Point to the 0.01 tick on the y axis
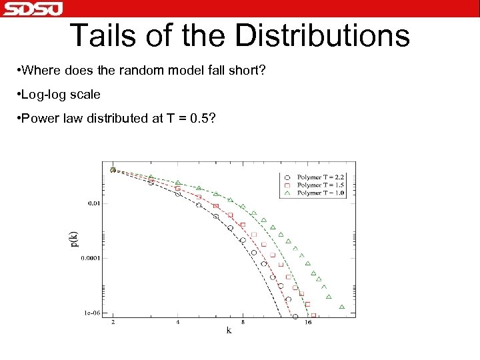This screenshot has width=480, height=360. tap(94, 203)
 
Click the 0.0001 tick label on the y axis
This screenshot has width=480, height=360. tap(91, 258)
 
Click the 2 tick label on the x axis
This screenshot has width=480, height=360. tap(113, 323)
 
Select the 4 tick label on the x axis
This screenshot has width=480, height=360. tap(178, 323)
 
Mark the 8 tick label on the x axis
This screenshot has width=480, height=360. tap(243, 323)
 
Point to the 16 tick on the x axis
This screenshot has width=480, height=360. tap(308, 323)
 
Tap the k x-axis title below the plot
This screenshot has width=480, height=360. tap(229, 331)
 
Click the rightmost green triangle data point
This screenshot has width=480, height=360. tap(342, 307)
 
